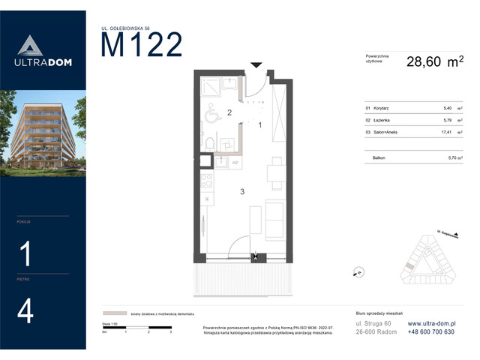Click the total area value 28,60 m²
click(x=434, y=63)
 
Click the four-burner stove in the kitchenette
click(x=204, y=181)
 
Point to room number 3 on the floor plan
click(x=241, y=192)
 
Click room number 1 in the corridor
click(x=259, y=124)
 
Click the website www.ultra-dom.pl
click(x=432, y=322)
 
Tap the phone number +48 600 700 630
click(x=431, y=331)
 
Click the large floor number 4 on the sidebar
click(x=26, y=312)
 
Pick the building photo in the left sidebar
click(x=43, y=133)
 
